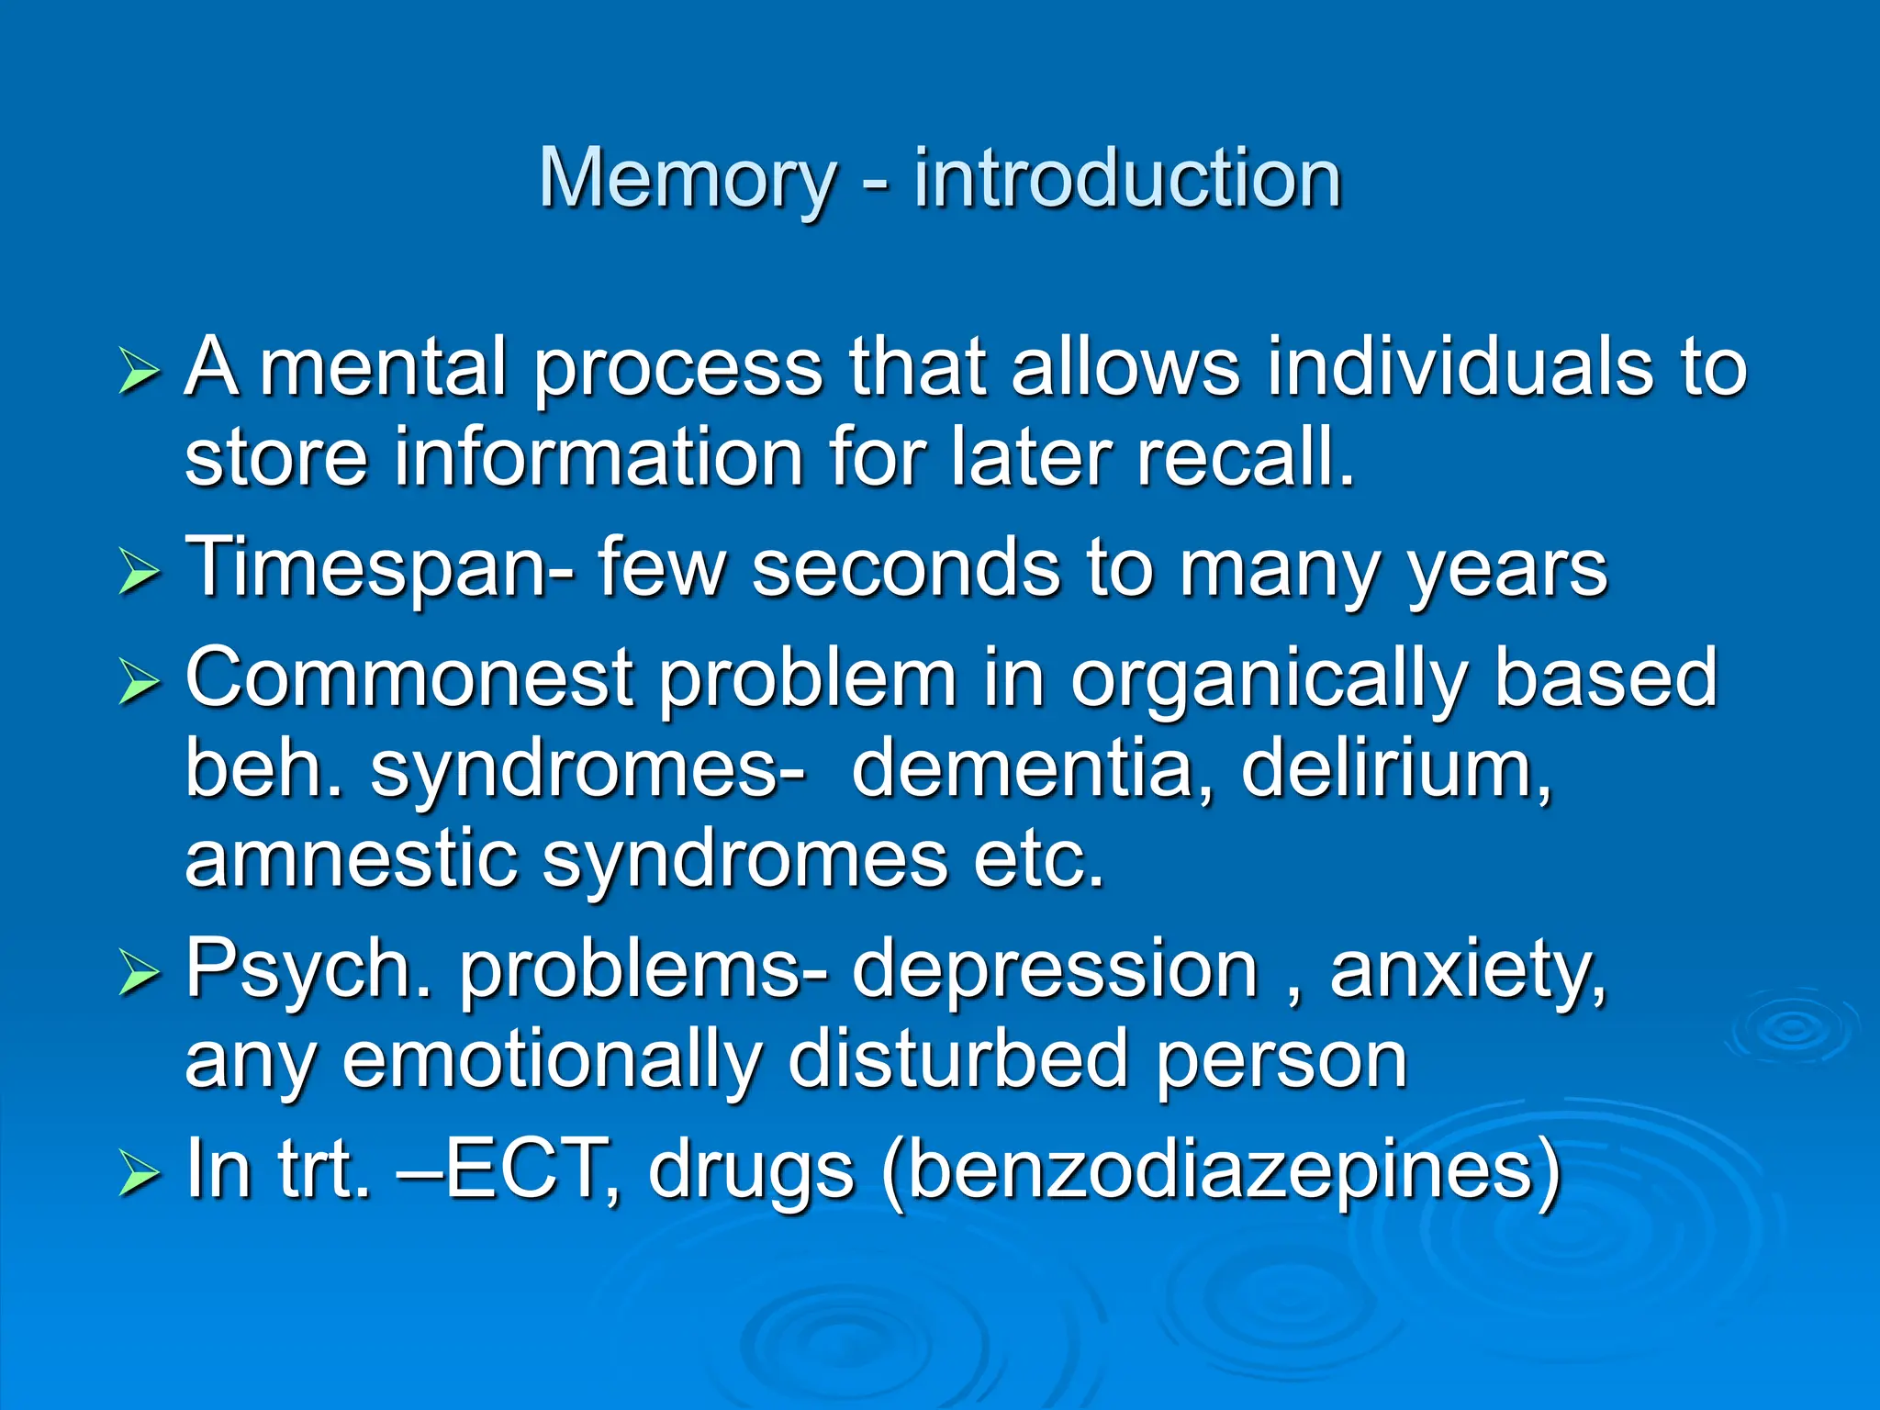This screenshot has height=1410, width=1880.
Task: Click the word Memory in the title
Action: click(x=687, y=179)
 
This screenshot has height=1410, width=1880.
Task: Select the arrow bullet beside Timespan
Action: click(x=139, y=573)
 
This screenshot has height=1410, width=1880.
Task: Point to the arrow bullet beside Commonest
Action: click(x=139, y=683)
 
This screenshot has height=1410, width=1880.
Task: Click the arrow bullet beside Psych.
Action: click(x=139, y=975)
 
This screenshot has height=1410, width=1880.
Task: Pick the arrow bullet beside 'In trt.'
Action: click(x=139, y=1174)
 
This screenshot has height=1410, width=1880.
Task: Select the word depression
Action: click(x=1055, y=971)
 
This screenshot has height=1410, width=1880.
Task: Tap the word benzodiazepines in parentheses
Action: click(x=1221, y=1170)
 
